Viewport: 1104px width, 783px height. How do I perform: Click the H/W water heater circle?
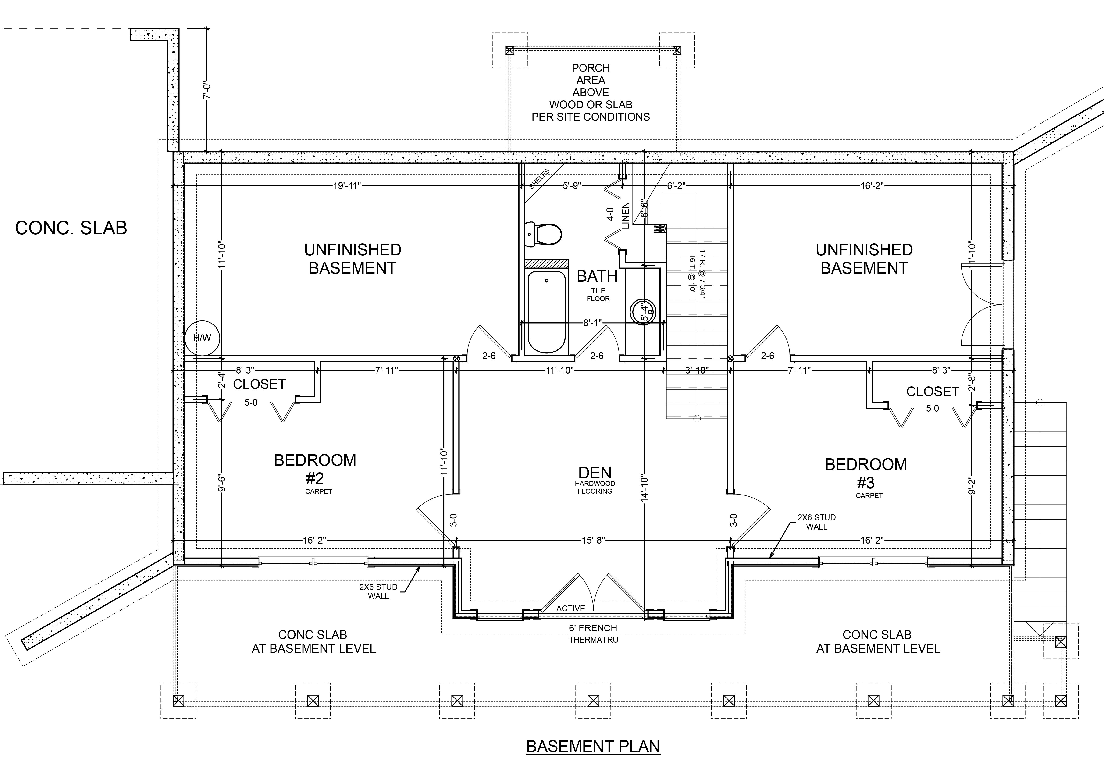coord(202,338)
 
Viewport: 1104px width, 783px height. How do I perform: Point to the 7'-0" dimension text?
coord(207,91)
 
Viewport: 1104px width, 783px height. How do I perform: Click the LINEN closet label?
coord(626,215)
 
